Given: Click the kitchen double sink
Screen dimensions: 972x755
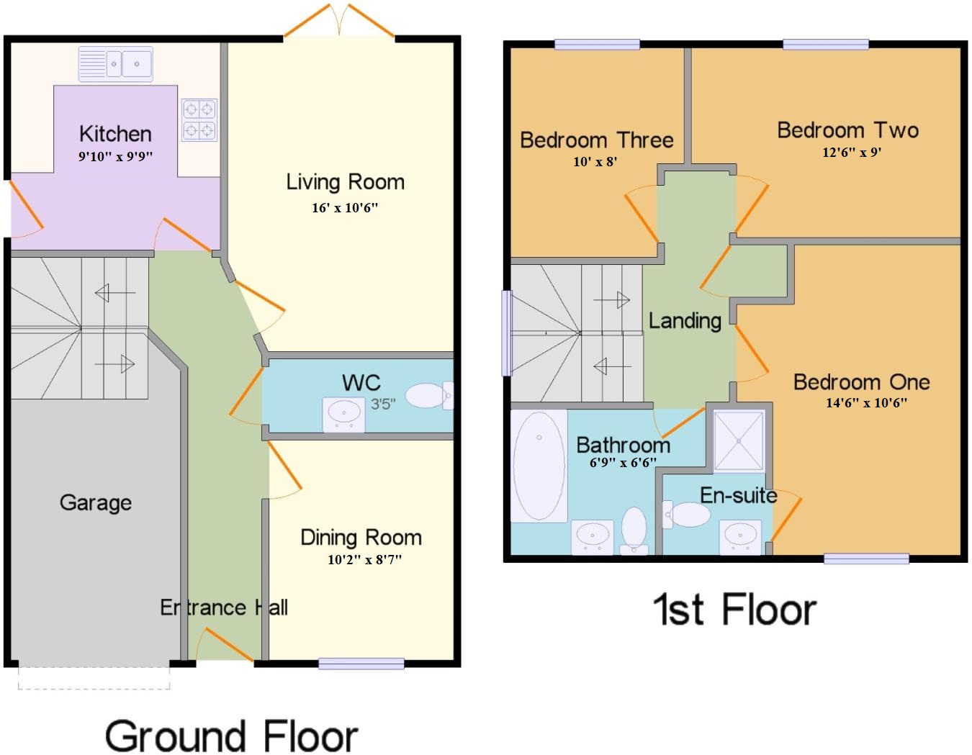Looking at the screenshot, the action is pos(115,64).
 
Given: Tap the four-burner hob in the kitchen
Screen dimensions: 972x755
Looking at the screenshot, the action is pos(199,119).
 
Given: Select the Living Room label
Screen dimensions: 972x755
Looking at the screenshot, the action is pos(346,182).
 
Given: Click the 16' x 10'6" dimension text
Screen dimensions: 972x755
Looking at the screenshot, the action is pos(345,208).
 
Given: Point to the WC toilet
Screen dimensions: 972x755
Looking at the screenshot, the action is pos(429,396).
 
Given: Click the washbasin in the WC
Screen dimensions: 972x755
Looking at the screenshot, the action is pos(343,415).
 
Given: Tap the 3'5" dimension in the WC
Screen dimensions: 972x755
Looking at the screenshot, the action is pos(383,404).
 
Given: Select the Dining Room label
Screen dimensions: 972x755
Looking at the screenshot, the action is pos(361,538).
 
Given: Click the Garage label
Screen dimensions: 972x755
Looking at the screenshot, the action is pos(96,503).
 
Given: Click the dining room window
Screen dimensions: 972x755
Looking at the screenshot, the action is pos(361,664).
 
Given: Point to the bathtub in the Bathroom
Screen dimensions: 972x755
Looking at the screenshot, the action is pos(539,466).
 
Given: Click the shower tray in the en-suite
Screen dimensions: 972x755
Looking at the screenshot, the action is pos(739,440).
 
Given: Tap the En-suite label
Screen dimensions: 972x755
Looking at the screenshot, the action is pos(739,495).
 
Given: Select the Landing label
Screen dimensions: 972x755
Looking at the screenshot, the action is pos(685,321).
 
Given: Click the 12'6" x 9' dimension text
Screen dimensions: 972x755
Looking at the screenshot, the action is pos(852,153).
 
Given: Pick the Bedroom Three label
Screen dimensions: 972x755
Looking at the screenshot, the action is pos(597,140).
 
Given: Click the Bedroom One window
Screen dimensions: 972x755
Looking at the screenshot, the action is pos(866,559).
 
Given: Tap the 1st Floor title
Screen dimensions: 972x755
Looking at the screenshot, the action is pos(735,610).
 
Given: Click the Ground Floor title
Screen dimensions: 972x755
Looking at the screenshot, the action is pos(232,736).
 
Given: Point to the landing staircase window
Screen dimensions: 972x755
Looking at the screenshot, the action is pos(506,333).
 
